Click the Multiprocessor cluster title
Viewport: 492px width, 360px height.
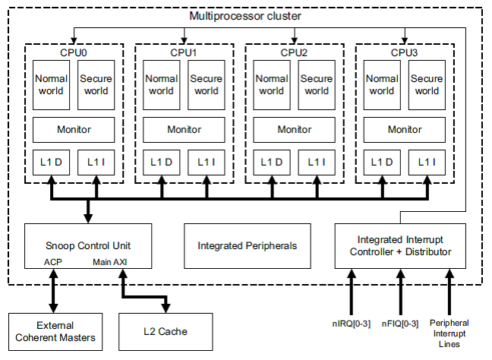coord(245,16)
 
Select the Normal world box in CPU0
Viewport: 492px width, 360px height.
coord(51,85)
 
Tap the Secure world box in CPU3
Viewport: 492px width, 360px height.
coord(427,85)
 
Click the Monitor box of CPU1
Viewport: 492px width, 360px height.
coord(184,130)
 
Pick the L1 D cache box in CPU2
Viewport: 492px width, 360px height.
coord(272,163)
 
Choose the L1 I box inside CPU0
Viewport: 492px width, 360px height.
coord(96,163)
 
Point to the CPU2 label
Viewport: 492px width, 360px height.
coord(294,52)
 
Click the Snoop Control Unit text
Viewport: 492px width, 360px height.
coord(88,245)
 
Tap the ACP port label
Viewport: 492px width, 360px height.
coord(52,262)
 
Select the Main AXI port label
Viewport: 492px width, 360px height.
coord(110,262)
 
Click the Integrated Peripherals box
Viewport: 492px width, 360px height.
coord(248,246)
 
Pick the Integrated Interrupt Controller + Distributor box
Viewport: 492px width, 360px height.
coord(400,246)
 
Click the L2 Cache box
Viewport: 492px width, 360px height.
coord(166,332)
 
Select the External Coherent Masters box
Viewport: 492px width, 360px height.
coord(55,332)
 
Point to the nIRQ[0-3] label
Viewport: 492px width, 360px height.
coord(352,324)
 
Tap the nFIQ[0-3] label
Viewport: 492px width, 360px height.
coord(400,324)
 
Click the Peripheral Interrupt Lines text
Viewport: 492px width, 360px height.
coord(449,333)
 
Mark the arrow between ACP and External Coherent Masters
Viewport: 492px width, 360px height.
coord(53,291)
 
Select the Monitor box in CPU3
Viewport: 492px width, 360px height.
coord(405,130)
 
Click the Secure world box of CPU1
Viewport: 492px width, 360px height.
coord(207,85)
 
